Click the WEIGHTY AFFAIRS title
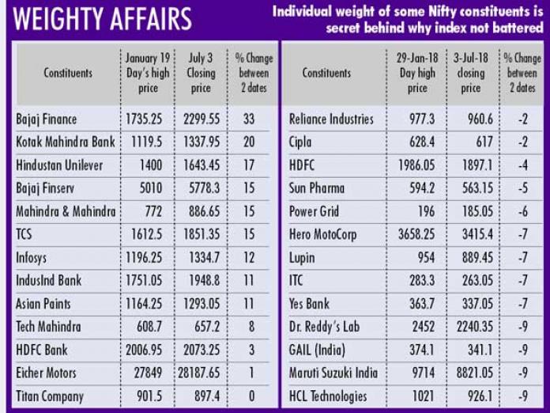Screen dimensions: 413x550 (x=104, y=18)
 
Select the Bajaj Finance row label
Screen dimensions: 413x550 (x=47, y=119)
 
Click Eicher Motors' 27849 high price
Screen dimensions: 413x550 (x=149, y=373)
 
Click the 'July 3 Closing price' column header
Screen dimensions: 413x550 (x=201, y=73)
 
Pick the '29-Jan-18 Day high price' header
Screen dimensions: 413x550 (x=417, y=73)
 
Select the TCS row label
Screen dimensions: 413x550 (x=24, y=235)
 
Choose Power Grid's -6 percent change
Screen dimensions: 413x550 (x=522, y=212)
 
